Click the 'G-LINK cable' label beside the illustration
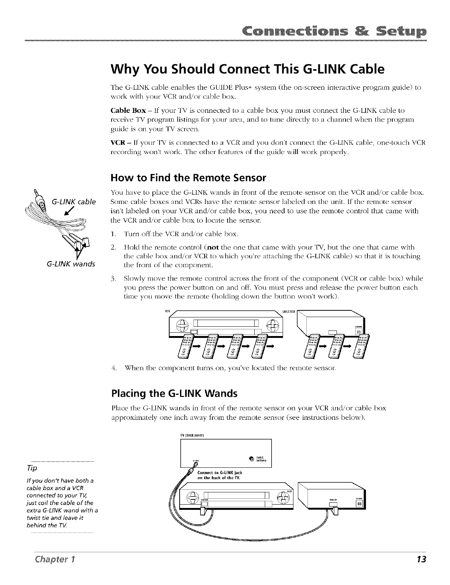(74, 202)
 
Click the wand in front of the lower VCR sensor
(204, 511)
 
